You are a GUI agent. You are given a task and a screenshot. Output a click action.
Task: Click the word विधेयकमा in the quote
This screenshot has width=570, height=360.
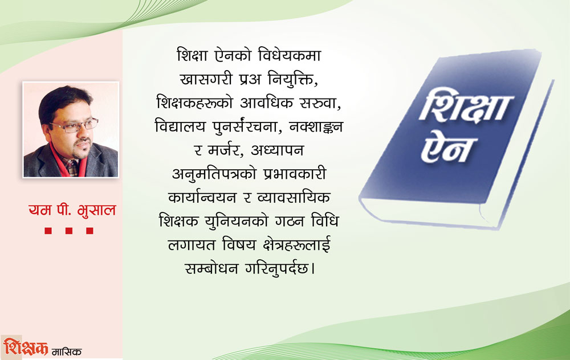click(290, 56)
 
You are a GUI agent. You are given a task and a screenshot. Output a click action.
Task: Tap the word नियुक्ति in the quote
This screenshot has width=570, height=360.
click(290, 79)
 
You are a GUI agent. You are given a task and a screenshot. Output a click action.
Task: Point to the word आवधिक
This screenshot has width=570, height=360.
click(266, 103)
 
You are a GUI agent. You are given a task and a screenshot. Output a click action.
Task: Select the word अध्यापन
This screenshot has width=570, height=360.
click(277, 150)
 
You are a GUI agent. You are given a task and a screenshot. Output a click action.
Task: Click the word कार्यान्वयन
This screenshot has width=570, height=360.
click(202, 197)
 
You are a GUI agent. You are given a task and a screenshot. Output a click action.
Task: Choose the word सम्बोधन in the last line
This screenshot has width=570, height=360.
click(211, 269)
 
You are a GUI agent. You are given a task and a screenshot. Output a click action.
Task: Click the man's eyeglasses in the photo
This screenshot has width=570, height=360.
click(75, 125)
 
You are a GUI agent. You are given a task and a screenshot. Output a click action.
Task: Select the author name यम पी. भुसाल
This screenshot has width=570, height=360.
click(72, 210)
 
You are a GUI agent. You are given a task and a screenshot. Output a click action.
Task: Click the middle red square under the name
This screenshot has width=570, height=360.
click(69, 231)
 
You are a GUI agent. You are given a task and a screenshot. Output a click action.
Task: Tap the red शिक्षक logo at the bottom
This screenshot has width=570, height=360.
click(26, 347)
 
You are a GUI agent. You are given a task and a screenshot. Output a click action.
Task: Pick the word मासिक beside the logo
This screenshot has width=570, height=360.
click(67, 351)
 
